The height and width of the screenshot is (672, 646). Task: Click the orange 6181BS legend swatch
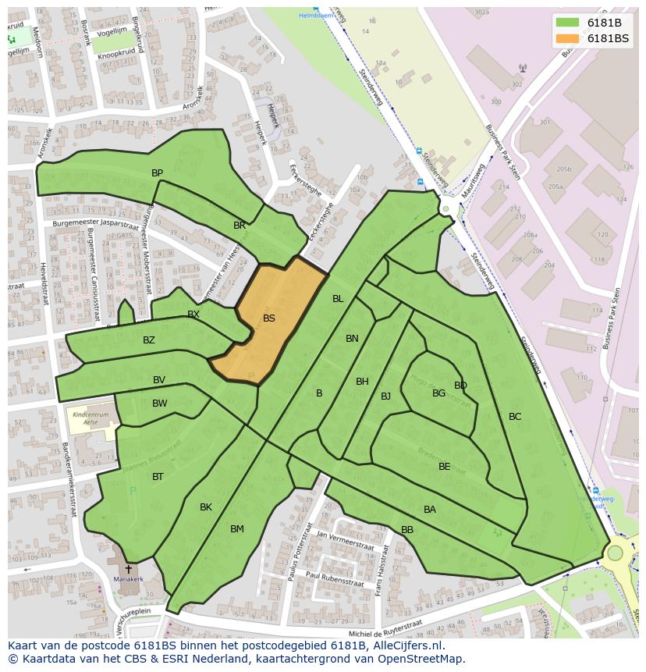coord(567,38)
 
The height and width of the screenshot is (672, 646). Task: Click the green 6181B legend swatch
coord(567,22)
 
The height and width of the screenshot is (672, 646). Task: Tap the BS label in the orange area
coord(269,318)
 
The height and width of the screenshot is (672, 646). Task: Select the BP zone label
coord(158,173)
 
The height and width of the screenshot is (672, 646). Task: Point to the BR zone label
coord(240,226)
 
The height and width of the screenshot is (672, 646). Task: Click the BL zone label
coord(338,299)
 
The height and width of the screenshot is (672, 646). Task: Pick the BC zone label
coord(515,417)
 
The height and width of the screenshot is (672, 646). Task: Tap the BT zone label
coord(158,477)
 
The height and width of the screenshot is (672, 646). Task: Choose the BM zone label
coord(237,529)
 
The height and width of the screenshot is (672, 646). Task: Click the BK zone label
coord(206,507)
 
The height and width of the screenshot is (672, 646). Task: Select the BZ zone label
coord(149,340)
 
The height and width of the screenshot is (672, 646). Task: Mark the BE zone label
coord(445,467)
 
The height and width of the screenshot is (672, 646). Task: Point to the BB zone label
coord(407,530)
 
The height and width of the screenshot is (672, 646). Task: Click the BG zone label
coord(438,393)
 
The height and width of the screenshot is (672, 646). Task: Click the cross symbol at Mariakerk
coord(129,570)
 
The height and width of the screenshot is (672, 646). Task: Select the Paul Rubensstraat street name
coord(335,578)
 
